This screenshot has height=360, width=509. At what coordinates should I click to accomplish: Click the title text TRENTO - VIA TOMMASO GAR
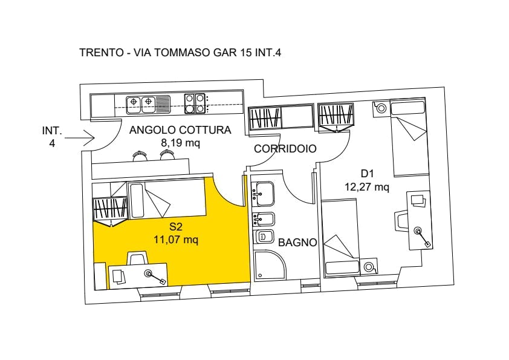click(x=158, y=53)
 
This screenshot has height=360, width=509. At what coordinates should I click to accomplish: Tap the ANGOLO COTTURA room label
click(x=180, y=130)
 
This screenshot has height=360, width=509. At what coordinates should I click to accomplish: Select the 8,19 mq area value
click(x=180, y=143)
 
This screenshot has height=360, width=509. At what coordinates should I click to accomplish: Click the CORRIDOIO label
click(x=285, y=149)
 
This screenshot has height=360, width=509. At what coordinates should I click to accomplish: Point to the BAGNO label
click(x=297, y=243)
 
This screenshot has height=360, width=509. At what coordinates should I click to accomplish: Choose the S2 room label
click(x=176, y=226)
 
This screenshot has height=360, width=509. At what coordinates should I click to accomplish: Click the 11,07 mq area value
click(x=176, y=240)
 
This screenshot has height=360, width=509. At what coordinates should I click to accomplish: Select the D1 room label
click(x=367, y=174)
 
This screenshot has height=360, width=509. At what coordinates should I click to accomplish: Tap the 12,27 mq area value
click(x=367, y=187)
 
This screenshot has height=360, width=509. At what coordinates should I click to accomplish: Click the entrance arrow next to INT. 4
click(x=80, y=138)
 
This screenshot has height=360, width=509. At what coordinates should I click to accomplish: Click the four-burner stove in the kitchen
click(x=195, y=103)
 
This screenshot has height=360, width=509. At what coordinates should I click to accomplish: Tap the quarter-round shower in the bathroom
click(x=270, y=265)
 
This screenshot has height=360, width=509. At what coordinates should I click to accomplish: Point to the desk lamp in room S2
click(x=155, y=277)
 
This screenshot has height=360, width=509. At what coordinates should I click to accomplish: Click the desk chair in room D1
click(x=401, y=220)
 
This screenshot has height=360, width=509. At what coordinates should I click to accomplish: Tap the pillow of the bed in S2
click(x=137, y=201)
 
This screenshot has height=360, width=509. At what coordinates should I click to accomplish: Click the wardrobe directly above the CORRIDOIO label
click(x=280, y=117)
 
